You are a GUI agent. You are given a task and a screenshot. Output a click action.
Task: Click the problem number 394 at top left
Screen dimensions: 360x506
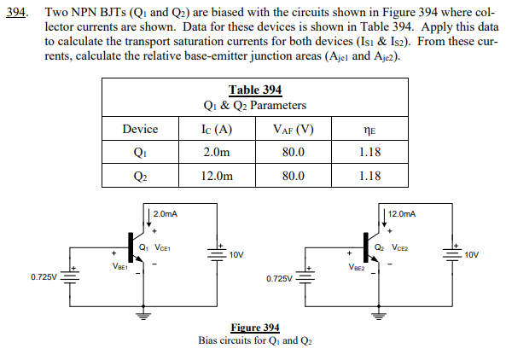pos(15,15)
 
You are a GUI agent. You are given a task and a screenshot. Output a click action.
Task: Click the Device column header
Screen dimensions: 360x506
pos(140,130)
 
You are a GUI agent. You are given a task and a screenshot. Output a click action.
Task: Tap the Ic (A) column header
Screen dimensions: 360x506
pos(218,130)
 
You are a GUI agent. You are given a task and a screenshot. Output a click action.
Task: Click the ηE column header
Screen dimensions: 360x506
pos(369,131)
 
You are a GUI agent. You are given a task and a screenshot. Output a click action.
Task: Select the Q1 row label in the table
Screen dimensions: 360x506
pos(140,153)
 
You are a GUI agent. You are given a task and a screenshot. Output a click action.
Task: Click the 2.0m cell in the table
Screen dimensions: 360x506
pos(218,153)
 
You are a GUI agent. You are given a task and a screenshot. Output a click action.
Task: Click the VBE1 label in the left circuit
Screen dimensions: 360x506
pos(119,266)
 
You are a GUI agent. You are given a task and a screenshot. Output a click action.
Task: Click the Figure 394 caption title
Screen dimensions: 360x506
pos(255,328)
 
